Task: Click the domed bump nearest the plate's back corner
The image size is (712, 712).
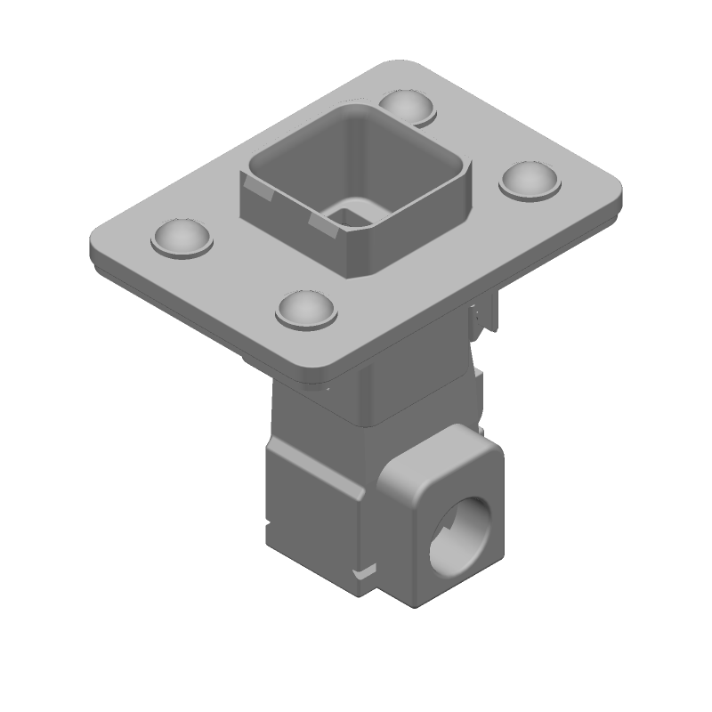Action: [408, 106]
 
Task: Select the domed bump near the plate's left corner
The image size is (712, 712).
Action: [183, 237]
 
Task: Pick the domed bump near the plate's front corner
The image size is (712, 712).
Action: [307, 308]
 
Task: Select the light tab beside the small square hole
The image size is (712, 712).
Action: [322, 222]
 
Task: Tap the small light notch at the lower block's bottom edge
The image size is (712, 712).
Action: [365, 570]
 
